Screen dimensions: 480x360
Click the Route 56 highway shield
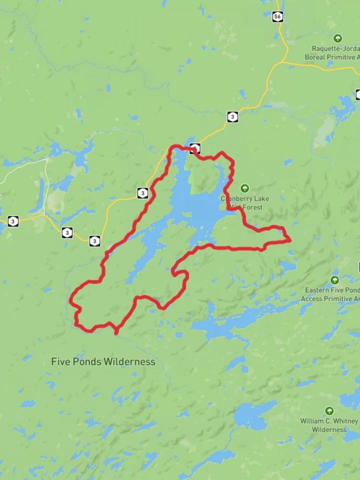pos(278,16)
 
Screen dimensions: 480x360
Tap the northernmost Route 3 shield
pos(232,117)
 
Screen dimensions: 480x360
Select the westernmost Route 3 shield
pos(13,221)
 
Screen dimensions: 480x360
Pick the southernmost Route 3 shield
pos(94,241)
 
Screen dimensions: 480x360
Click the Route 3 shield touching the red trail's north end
pos(195,148)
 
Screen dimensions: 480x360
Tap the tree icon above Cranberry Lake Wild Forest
pos(244,188)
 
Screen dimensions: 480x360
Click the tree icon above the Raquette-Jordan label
pos(338,38)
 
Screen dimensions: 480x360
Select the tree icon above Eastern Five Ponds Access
pos(335,280)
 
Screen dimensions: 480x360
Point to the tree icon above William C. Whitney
pos(329,411)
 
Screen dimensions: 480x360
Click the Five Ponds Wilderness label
pos(103,362)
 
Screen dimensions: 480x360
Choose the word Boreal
pos(316,57)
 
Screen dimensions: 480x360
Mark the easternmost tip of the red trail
pos(291,240)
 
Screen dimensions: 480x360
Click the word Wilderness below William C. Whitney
pos(329,430)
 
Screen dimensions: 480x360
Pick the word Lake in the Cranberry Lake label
pos(260,199)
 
